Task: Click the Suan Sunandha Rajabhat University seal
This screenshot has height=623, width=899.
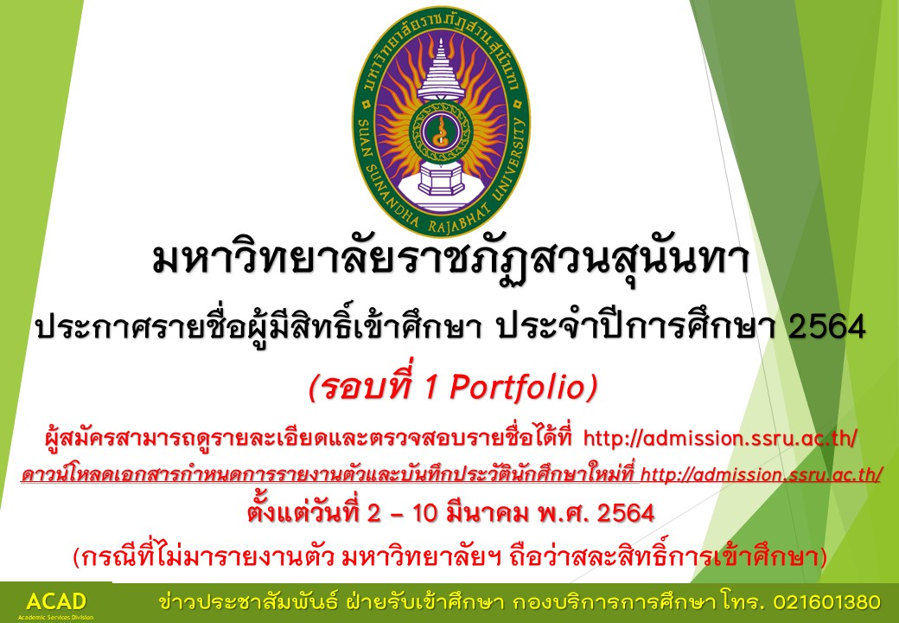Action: click(x=441, y=122)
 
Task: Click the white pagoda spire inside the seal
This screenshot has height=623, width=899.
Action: click(x=441, y=71)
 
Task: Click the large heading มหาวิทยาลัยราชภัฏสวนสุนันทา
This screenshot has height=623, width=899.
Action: click(x=450, y=260)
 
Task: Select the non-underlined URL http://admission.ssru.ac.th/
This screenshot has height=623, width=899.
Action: click(x=720, y=439)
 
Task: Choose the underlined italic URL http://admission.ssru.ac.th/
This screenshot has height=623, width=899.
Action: click(x=761, y=474)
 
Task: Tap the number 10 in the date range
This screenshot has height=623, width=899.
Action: click(x=424, y=513)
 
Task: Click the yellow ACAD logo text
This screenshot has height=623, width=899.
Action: click(x=56, y=601)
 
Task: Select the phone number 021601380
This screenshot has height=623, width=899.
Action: click(x=826, y=602)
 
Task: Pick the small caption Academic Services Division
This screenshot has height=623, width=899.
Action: click(x=55, y=617)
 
